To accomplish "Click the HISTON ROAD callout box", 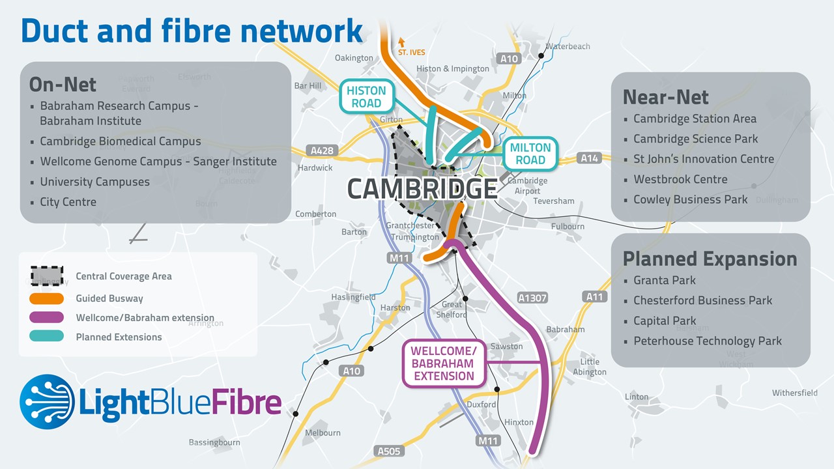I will [366, 97].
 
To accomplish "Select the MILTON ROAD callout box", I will [530, 154].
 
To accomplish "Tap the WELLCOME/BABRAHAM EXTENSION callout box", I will [444, 363].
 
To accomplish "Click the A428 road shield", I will [322, 150].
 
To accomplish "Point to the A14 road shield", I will [589, 158].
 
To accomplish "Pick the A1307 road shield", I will [532, 298].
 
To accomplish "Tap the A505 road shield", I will [390, 451].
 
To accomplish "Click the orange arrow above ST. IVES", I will [401, 42].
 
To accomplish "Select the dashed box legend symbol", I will [47, 276].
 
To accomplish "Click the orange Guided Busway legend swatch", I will [47, 298].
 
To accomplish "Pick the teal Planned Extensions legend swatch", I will [47, 337].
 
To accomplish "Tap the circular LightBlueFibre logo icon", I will [47, 401].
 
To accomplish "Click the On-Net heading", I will [63, 85].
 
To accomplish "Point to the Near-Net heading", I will [665, 97].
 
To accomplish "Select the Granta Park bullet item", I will [664, 280].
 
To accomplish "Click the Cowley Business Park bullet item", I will [690, 199].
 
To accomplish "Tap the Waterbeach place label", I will [568, 46].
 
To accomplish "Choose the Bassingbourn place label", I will [214, 442].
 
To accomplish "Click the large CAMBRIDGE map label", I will [422, 189].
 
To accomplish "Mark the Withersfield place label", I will [794, 393].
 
